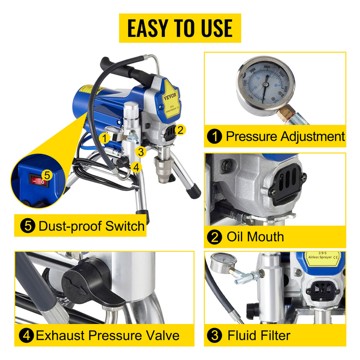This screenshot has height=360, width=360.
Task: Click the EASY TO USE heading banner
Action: coord(180,28)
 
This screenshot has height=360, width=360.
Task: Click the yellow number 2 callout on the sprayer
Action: coord(180,130)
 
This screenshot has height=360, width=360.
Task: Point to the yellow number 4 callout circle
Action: coord(137,167)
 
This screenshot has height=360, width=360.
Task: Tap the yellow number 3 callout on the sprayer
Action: coord(141,152)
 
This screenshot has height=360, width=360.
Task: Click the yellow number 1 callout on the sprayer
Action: coord(104,138)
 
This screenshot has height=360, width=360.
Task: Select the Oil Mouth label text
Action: coord(255,237)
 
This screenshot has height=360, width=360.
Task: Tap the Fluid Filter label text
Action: coord(258,335)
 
